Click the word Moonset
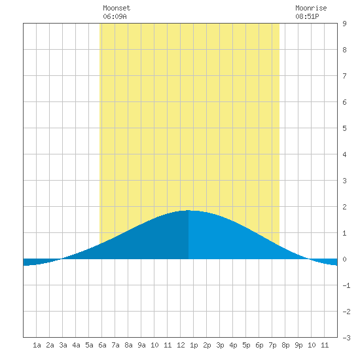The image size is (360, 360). [x=117, y=8]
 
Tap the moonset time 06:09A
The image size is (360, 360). [x=115, y=16]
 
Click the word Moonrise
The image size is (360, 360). [x=311, y=8]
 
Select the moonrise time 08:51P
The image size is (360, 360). [x=307, y=16]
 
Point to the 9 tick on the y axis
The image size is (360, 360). [x=344, y=24]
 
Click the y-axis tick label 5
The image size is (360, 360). [x=344, y=128]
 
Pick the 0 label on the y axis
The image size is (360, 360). [x=344, y=259]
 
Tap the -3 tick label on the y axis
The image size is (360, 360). [x=346, y=338]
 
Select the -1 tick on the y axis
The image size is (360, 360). [x=346, y=285]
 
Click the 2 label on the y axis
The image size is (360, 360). [x=344, y=207]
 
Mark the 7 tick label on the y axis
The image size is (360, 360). [x=344, y=76]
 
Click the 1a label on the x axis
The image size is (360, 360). [x=37, y=345]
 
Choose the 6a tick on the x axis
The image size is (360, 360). [x=102, y=345]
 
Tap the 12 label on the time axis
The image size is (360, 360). [x=181, y=345]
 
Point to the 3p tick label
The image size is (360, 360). [x=220, y=345]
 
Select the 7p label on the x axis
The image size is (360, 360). [x=272, y=345]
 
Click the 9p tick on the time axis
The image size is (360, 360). [x=298, y=345]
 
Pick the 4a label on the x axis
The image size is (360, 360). [x=76, y=345]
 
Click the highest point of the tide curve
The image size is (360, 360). [x=189, y=210]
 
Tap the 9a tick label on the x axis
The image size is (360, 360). [x=141, y=345]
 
